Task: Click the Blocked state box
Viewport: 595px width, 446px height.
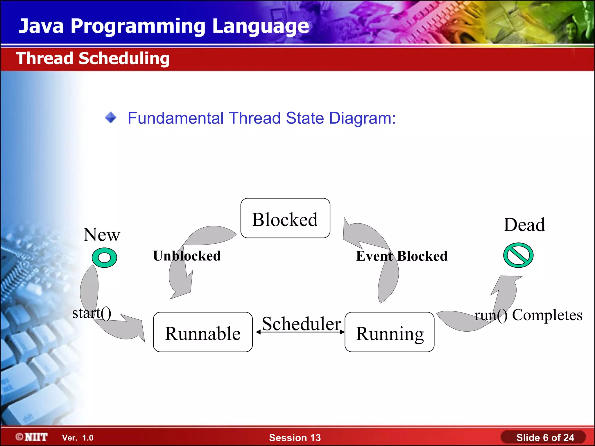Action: [285, 218]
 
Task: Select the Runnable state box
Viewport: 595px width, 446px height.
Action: [202, 332]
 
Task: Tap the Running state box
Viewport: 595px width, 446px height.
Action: [389, 332]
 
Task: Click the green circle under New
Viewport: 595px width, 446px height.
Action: [104, 258]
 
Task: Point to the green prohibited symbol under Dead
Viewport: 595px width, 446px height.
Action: [518, 255]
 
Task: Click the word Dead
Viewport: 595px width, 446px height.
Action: [524, 225]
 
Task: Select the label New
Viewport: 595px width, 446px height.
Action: [102, 235]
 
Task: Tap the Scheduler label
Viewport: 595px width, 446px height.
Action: [301, 323]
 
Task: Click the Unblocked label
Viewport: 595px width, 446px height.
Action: [187, 256]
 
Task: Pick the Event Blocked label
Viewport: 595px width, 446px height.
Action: [402, 256]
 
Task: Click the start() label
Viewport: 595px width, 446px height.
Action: [92, 313]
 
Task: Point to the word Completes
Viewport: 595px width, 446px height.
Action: [547, 315]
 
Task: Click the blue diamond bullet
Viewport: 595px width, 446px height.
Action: [111, 118]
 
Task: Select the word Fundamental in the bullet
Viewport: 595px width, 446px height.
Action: [175, 118]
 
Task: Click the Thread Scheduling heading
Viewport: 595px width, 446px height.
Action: [93, 58]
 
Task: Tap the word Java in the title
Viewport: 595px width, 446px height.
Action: [41, 26]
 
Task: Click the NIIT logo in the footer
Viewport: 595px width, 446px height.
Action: [32, 437]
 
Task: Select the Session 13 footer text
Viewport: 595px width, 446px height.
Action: [295, 438]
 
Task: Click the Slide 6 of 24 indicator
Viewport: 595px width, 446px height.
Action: [545, 438]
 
